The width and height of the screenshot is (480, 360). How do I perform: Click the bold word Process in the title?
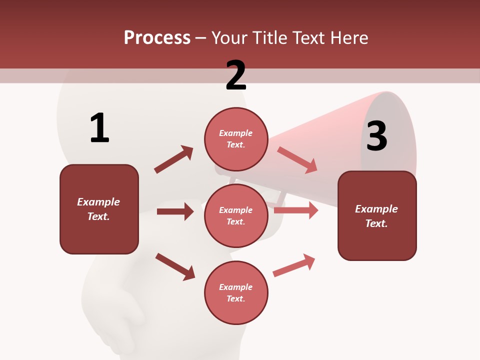157,38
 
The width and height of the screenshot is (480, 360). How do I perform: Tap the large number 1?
99,128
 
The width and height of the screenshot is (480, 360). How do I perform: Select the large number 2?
236,75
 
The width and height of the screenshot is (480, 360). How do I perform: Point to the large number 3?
377,136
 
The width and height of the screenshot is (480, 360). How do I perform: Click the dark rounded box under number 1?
99,209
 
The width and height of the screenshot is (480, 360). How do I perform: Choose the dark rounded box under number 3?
377,215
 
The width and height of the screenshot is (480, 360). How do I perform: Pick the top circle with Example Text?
236,139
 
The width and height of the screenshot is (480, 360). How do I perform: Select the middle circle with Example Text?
236,215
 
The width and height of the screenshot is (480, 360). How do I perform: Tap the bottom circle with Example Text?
236,292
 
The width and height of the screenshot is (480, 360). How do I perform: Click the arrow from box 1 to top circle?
173,159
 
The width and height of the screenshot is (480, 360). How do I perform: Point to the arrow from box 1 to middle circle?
175,211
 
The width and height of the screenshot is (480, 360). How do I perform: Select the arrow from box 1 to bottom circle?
174,266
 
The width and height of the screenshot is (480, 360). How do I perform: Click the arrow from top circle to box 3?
297,159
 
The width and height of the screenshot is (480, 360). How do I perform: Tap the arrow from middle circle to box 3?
295,210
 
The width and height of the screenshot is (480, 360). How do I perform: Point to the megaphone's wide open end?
390,135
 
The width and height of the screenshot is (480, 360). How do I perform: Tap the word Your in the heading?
229,38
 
